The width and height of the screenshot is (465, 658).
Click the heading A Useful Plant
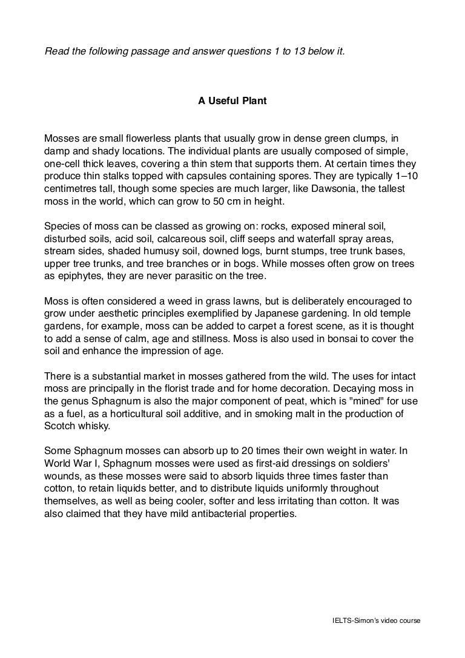(x=232, y=101)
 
